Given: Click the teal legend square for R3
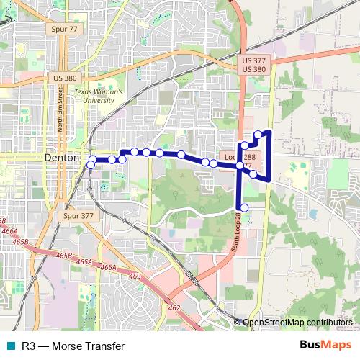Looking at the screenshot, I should click(x=9, y=346).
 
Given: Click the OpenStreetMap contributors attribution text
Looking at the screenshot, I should click(x=297, y=323).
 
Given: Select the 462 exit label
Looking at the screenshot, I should click(x=174, y=307).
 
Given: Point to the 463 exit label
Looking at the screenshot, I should click(x=135, y=276).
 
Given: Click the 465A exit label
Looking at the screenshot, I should click(x=108, y=267).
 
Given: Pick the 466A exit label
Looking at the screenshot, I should click(x=11, y=233).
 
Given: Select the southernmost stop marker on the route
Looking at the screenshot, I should click(x=244, y=208).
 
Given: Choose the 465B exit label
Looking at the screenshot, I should click(x=63, y=256).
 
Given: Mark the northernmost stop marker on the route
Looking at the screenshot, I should click(x=258, y=135).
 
